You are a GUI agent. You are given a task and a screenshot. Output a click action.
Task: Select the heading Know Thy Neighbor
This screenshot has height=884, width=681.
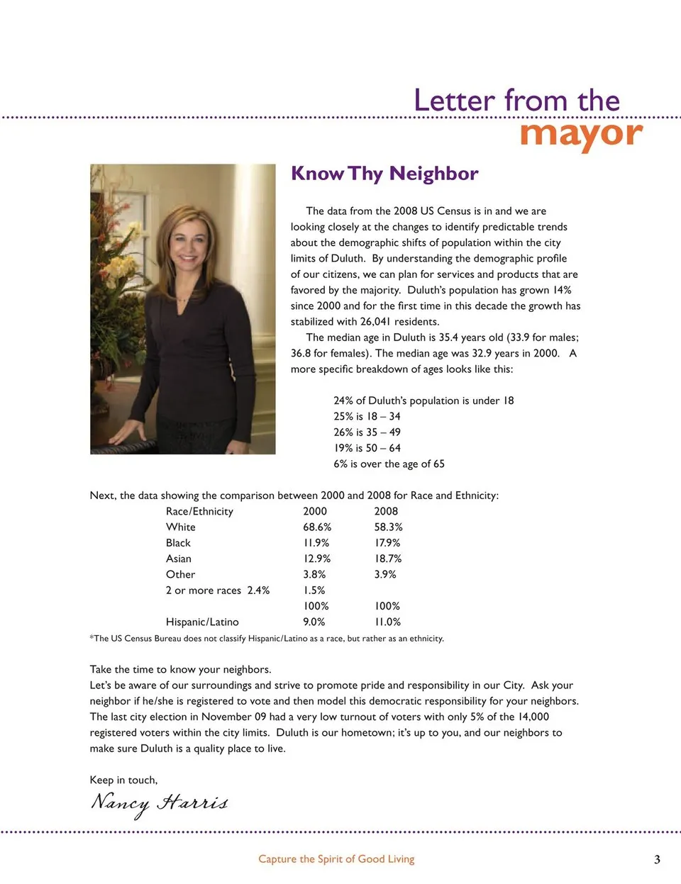pyautogui.click(x=384, y=174)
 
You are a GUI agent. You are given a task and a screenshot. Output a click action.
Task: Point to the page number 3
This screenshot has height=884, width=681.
pyautogui.click(x=657, y=859)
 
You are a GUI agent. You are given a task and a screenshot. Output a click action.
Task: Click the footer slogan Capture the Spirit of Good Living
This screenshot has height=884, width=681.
pyautogui.click(x=336, y=859)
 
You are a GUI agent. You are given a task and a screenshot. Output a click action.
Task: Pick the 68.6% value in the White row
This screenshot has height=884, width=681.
pyautogui.click(x=317, y=527)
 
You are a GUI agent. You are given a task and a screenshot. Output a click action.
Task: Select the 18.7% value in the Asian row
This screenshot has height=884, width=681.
pyautogui.click(x=388, y=559)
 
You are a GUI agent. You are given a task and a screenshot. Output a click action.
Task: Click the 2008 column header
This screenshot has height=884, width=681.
pyautogui.click(x=386, y=511)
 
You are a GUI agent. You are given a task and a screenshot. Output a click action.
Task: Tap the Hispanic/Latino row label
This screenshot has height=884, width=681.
pyautogui.click(x=202, y=622)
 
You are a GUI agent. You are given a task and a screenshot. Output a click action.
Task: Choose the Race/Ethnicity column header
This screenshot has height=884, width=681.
pyautogui.click(x=199, y=511)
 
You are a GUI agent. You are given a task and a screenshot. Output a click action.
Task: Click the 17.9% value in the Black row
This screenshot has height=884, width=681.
pyautogui.click(x=387, y=543)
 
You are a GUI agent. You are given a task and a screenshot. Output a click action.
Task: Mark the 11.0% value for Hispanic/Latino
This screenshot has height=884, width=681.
pyautogui.click(x=387, y=622)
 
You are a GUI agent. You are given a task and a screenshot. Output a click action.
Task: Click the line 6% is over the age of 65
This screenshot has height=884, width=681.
pyautogui.click(x=389, y=464)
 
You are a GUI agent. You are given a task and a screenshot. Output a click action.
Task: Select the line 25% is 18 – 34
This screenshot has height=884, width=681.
pyautogui.click(x=367, y=416)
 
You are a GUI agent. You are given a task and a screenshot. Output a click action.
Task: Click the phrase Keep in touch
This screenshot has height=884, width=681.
pyautogui.click(x=123, y=780)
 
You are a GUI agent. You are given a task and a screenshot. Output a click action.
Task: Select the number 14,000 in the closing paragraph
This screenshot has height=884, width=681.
pyautogui.click(x=533, y=717)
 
